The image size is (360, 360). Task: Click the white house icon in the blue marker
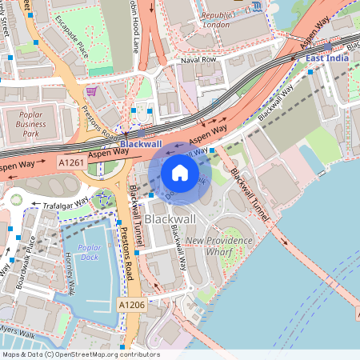[x=180, y=173]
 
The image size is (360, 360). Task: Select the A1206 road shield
[x=132, y=305]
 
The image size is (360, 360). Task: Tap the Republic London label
[x=218, y=19]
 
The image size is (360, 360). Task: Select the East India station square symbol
[x=310, y=72]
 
